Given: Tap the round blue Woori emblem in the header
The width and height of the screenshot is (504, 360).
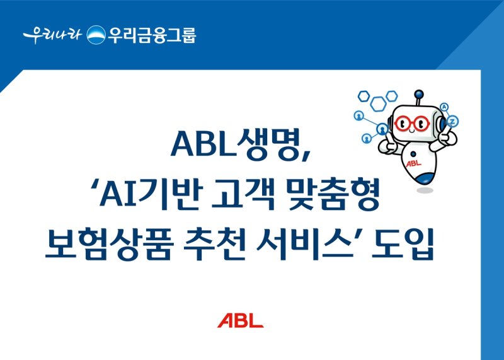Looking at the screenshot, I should pyautogui.click(x=96, y=35).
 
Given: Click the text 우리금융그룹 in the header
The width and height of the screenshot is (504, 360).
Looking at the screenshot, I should pyautogui.click(x=151, y=35).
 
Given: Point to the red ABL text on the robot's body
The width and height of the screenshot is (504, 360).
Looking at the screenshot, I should pyautogui.click(x=413, y=163).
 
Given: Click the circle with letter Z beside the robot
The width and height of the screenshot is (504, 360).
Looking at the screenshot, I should pyautogui.click(x=454, y=120).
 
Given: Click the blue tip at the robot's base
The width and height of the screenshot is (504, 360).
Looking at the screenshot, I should pyautogui.click(x=425, y=178).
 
